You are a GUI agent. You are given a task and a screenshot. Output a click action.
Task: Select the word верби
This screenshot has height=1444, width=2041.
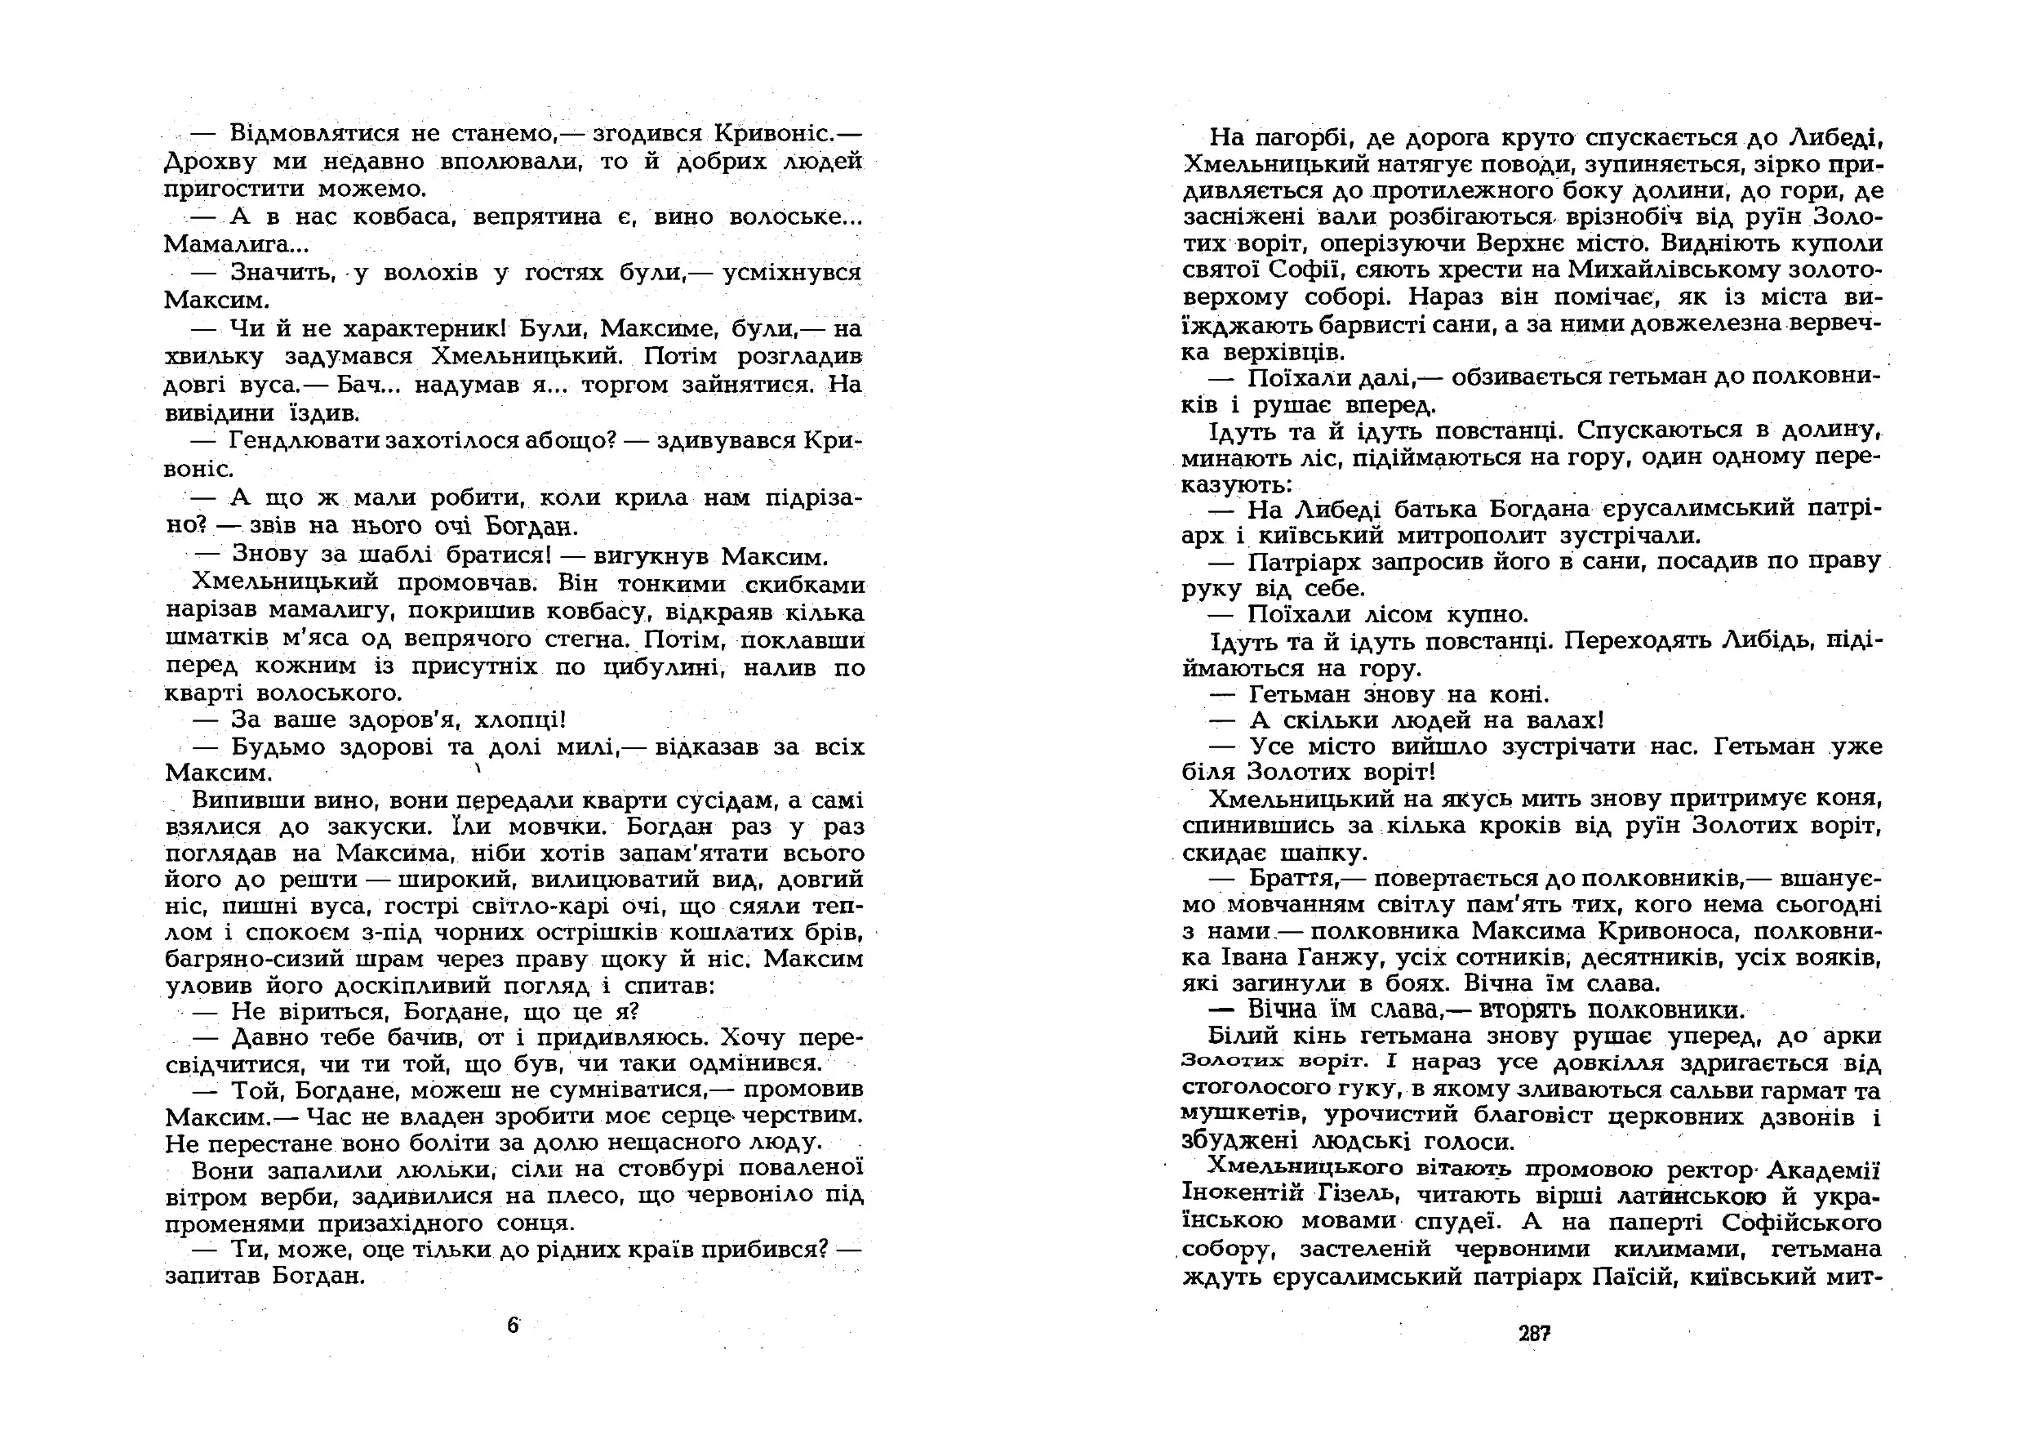point(304,1196)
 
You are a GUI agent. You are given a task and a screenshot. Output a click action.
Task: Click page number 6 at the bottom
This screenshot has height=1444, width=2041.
point(513,1326)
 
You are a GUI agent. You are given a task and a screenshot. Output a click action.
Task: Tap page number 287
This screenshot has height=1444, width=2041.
point(1534,1334)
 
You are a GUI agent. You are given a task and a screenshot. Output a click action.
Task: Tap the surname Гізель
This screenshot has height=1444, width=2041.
point(1358,1194)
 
